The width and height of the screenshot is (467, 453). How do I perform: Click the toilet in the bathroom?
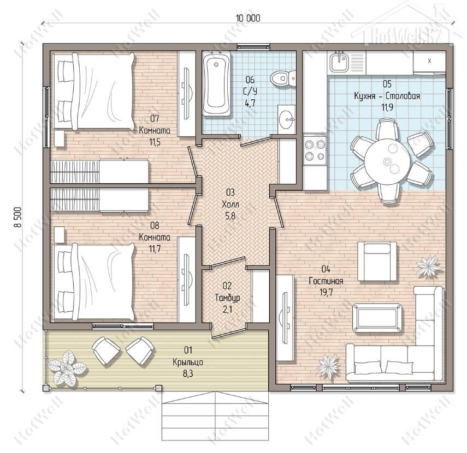[x=282, y=78]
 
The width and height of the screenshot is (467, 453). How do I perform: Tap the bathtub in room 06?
[x=216, y=83]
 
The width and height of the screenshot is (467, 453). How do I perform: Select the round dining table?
[x=387, y=161]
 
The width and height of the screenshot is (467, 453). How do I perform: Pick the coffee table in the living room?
[x=377, y=317]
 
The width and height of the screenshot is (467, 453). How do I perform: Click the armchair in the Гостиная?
[x=377, y=261]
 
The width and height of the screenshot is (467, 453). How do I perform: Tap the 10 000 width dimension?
[x=248, y=18]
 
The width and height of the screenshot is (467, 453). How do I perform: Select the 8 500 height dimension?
[x=18, y=217]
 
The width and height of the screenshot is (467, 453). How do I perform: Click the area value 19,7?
[x=326, y=293]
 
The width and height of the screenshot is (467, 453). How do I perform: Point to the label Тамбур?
[x=227, y=298]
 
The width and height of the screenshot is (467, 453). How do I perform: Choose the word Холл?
[x=230, y=204]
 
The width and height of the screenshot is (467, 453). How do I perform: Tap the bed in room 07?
[x=93, y=91]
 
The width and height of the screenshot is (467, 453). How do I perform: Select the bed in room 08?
[x=93, y=282]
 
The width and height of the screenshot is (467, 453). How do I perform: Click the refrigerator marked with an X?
[x=429, y=62]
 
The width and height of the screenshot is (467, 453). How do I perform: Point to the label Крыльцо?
[x=188, y=362]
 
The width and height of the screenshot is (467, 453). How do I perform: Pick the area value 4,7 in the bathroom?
[x=250, y=104]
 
